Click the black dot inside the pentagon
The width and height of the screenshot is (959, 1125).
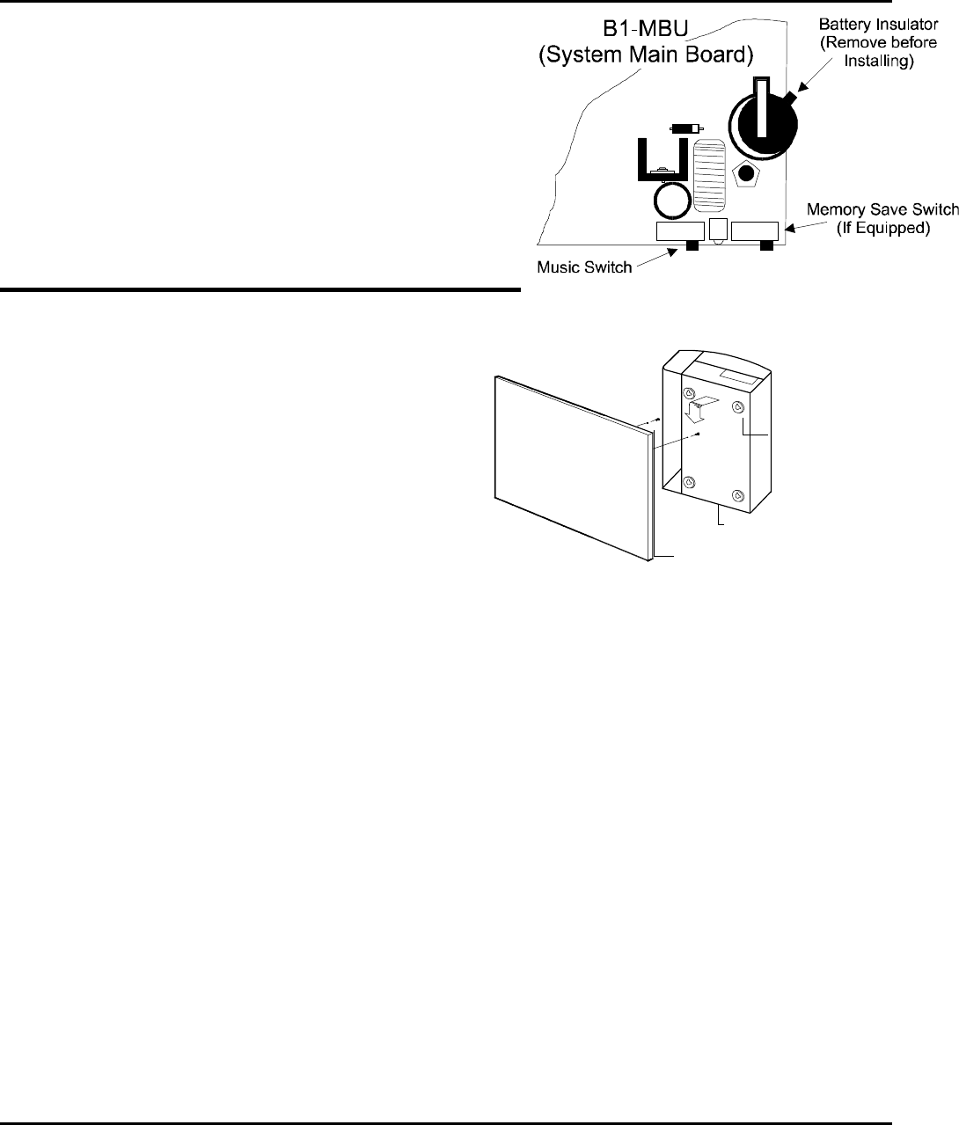747,172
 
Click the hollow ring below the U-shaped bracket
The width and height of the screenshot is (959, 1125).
673,201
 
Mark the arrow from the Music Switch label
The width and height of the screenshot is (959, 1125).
655,258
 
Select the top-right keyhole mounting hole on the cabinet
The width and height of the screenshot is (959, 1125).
737,406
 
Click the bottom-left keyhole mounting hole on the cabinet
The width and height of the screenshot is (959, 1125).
690,481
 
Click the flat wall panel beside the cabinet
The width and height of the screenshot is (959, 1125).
572,466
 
